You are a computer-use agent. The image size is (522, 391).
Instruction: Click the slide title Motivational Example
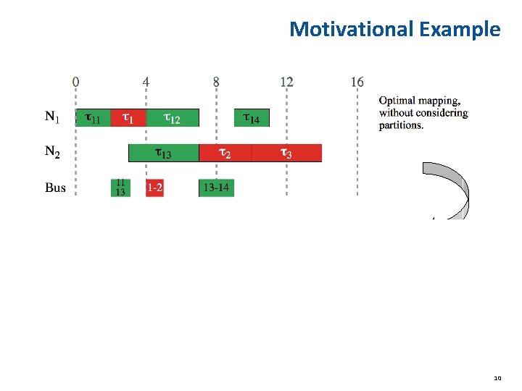click(x=394, y=29)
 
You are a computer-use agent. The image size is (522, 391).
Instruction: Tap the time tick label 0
click(x=76, y=82)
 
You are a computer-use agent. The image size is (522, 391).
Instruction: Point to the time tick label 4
click(x=146, y=82)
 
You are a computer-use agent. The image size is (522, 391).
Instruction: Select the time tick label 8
click(x=216, y=82)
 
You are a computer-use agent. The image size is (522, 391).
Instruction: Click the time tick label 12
click(x=286, y=82)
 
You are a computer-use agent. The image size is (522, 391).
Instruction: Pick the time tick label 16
click(x=357, y=82)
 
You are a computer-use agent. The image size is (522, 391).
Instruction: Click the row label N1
click(x=53, y=117)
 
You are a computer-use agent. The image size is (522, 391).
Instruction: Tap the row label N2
click(x=53, y=151)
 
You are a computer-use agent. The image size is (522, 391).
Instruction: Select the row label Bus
click(x=55, y=188)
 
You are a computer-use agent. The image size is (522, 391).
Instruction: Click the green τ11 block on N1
click(x=94, y=117)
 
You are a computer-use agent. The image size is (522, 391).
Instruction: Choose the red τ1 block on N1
click(x=128, y=117)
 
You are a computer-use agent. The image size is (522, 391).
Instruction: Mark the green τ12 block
click(x=173, y=117)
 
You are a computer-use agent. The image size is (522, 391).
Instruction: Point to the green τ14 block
click(x=251, y=117)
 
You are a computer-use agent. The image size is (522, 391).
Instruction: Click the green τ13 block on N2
click(x=164, y=152)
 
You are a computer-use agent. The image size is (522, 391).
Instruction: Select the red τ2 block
click(x=225, y=152)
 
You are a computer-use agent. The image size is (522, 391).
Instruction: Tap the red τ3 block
click(x=286, y=152)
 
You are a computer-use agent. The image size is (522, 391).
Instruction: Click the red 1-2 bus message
click(x=154, y=188)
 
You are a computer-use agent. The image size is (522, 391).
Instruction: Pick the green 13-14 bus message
click(x=216, y=188)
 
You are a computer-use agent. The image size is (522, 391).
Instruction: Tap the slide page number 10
click(x=497, y=378)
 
